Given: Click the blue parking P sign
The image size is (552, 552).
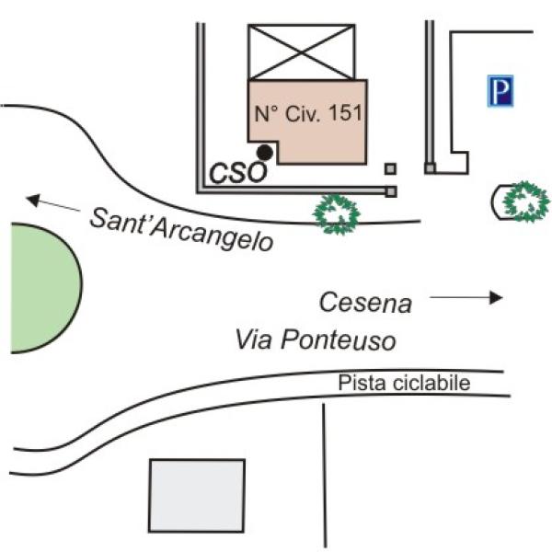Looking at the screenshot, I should [x=501, y=90].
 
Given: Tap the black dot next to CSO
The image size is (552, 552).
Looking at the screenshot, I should [x=265, y=152].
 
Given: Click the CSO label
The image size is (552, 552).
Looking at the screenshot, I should [x=238, y=171].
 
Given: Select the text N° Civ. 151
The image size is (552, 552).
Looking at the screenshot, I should [x=309, y=115].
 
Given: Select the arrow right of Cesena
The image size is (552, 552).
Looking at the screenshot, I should [x=467, y=296].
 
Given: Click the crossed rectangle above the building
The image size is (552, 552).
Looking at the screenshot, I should [x=302, y=52].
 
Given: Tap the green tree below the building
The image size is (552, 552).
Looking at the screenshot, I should [x=336, y=213].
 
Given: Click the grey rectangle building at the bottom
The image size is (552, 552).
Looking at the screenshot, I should [x=197, y=495].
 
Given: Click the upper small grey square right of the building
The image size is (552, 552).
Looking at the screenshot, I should [x=391, y=168].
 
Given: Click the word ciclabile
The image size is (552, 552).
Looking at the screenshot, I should [x=438, y=383].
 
